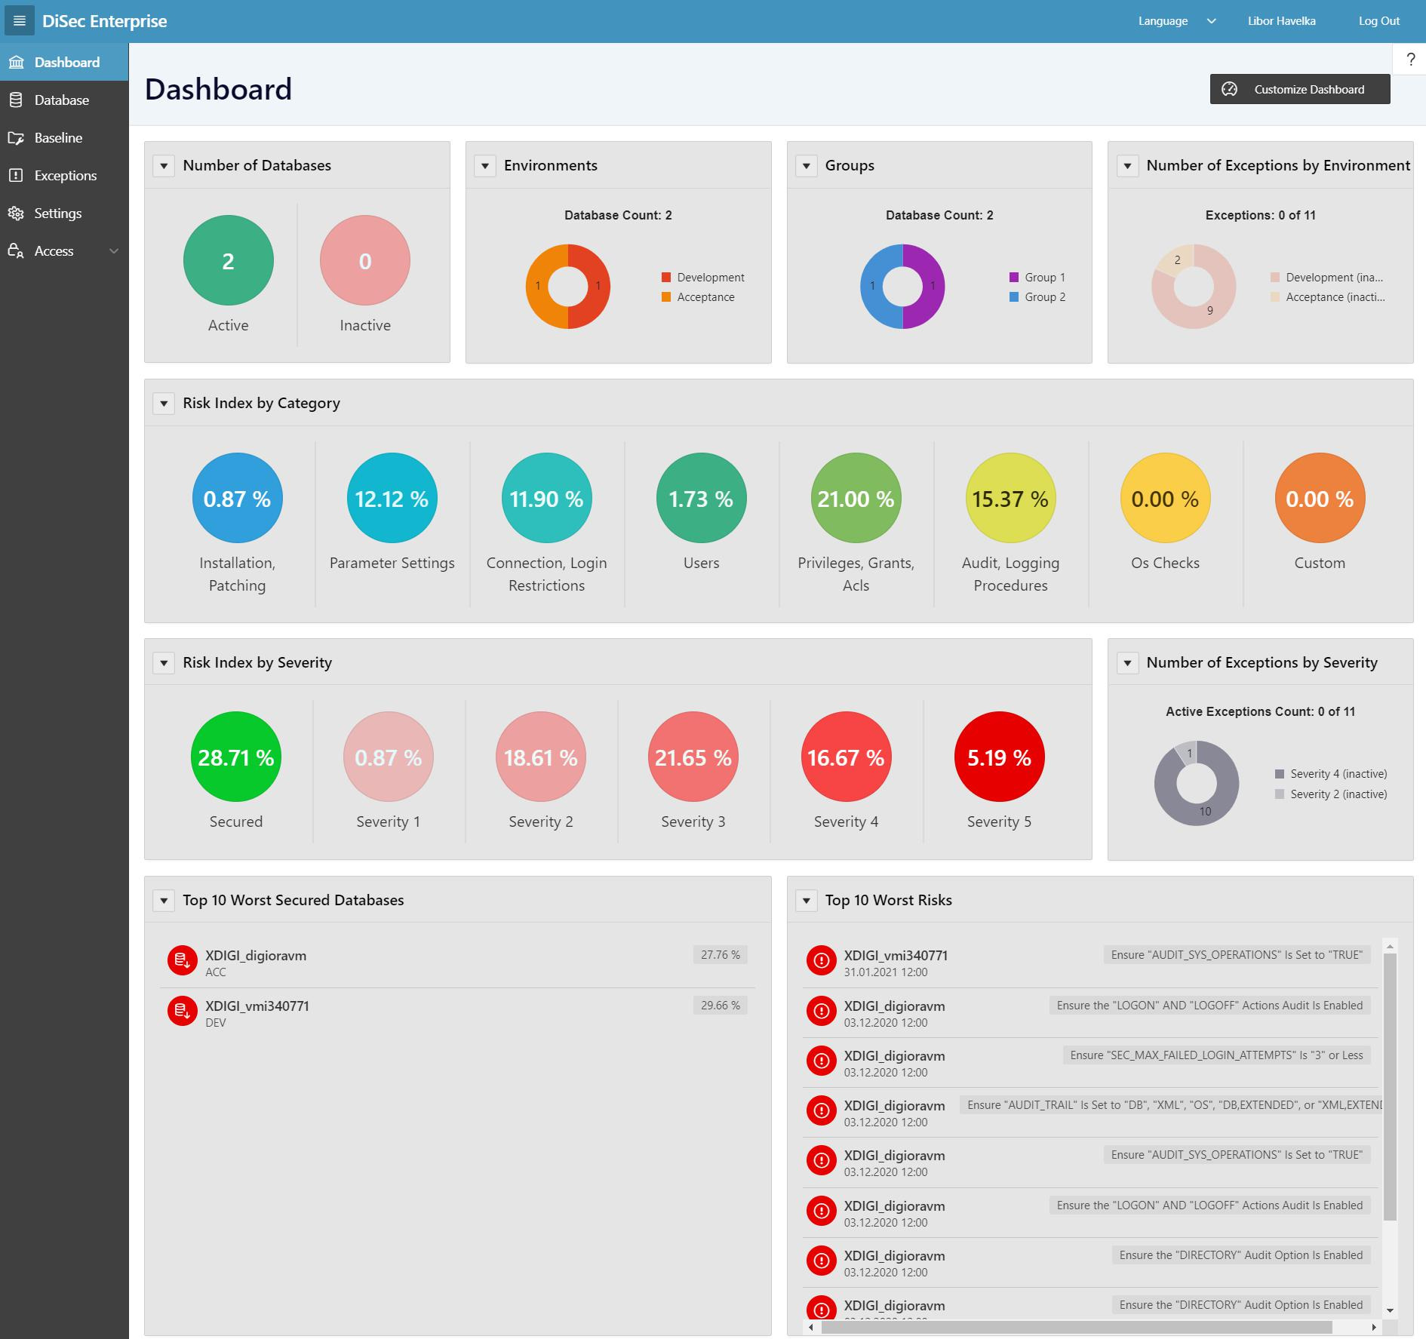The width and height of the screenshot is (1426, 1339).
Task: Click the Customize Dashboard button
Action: click(1299, 89)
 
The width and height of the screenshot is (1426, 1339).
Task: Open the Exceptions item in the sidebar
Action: click(65, 176)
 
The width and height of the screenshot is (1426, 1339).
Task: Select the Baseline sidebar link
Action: click(58, 138)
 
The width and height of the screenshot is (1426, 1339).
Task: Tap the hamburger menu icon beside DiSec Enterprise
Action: click(20, 21)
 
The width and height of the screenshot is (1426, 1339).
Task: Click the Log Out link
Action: click(1378, 21)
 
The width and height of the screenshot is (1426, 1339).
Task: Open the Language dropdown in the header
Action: click(1176, 21)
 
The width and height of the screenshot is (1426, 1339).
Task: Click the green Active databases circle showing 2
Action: click(228, 260)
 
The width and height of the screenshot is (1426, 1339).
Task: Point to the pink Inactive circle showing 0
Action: click(364, 260)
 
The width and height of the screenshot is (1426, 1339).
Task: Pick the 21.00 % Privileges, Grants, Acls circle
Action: click(856, 498)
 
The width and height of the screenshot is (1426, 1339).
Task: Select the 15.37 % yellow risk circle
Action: click(1010, 498)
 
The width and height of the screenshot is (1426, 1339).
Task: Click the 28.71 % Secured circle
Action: click(235, 757)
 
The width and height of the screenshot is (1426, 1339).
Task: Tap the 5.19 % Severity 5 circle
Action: click(999, 757)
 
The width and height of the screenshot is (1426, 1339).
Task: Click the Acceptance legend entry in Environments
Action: click(705, 297)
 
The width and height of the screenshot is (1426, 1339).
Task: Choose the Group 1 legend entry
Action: click(1044, 278)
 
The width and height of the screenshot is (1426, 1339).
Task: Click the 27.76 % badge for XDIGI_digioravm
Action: click(720, 955)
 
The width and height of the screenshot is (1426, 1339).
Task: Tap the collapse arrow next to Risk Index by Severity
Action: click(164, 662)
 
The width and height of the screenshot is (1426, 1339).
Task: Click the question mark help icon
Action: click(1410, 60)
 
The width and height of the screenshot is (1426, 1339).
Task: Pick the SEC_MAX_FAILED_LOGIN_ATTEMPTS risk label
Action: click(1216, 1055)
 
